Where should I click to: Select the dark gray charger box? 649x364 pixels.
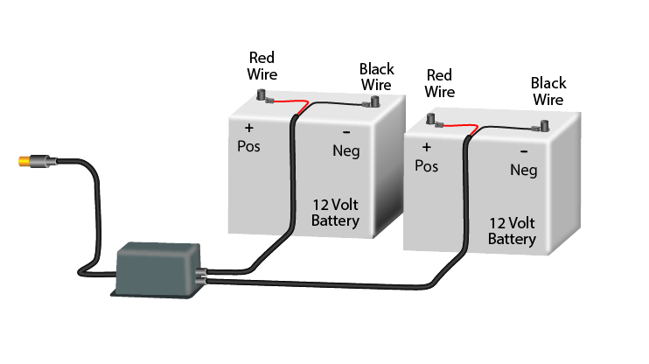(x=157, y=267)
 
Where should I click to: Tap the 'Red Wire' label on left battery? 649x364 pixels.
(x=262, y=65)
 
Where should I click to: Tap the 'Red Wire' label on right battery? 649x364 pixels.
(x=439, y=82)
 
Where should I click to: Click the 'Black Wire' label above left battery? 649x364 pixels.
(x=376, y=77)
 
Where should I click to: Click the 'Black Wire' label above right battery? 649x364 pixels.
(x=548, y=91)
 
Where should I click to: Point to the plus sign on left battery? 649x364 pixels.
(x=248, y=128)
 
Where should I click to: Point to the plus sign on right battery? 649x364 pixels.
(x=427, y=147)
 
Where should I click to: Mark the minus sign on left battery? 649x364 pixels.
(x=347, y=132)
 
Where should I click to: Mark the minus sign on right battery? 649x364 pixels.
(x=522, y=150)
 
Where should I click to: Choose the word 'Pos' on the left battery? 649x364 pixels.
(x=249, y=145)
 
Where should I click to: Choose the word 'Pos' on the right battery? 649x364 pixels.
(x=426, y=165)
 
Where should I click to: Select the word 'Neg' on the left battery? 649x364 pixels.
(x=347, y=151)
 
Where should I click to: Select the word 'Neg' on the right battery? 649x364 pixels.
(x=523, y=170)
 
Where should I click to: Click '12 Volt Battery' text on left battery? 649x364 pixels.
(x=335, y=213)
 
